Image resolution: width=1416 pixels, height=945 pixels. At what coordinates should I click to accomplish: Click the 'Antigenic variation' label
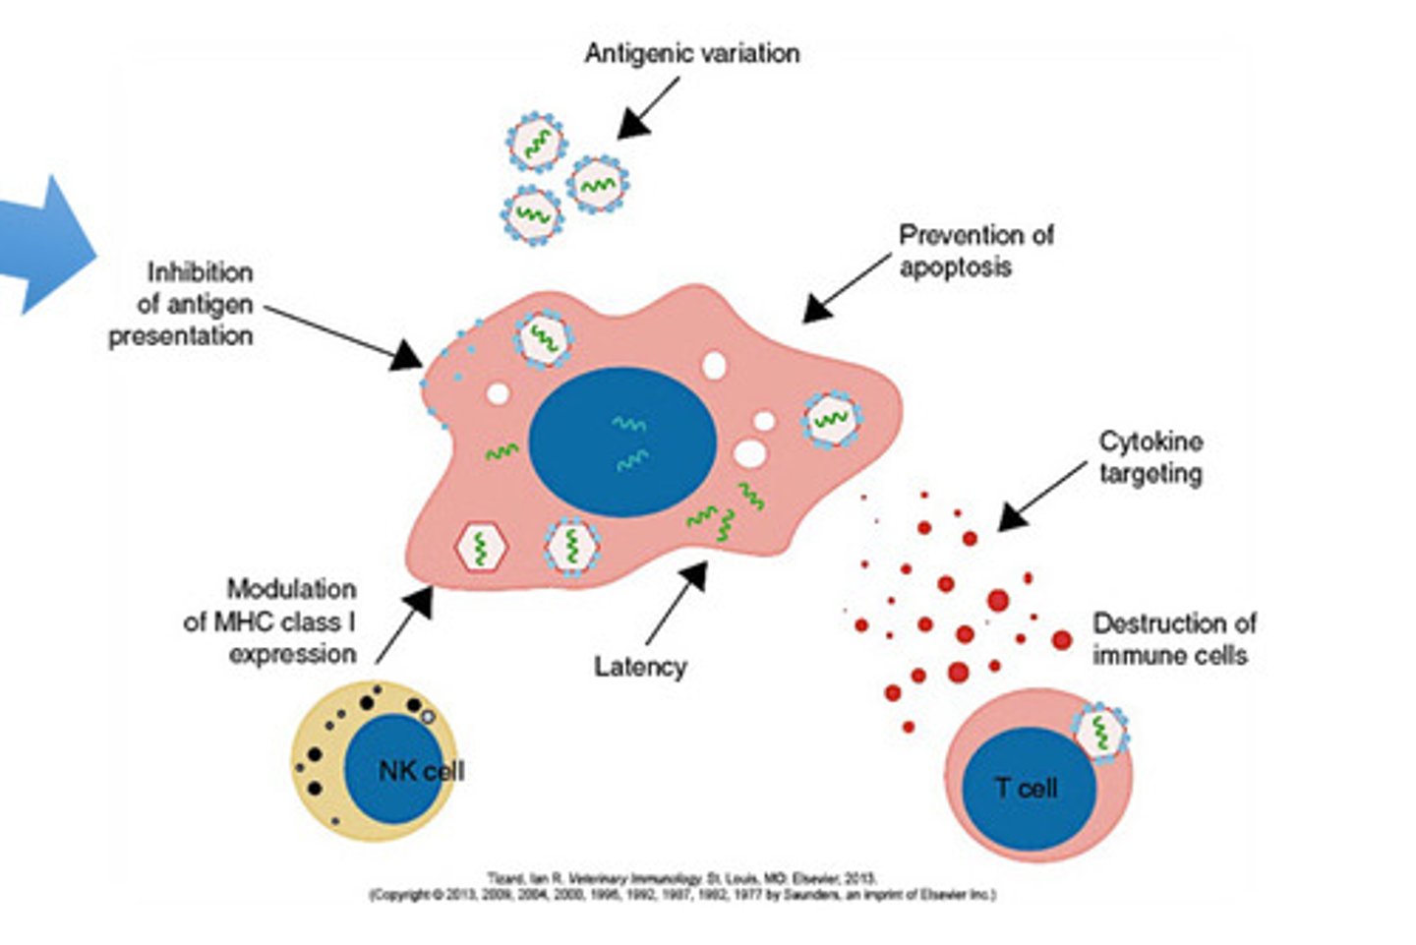coord(691,53)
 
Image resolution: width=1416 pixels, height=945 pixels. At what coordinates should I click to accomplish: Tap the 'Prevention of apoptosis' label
coord(974,251)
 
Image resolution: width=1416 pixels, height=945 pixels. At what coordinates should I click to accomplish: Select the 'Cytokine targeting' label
coord(1150,457)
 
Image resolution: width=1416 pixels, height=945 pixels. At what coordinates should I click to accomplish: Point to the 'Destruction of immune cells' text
coord(1173,639)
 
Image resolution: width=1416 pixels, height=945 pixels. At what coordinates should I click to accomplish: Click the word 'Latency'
coord(640,667)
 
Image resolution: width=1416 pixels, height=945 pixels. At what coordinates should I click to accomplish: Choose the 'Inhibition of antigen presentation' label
coord(182,304)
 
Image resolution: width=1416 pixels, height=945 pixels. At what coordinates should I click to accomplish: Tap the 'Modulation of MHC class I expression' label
coord(270,621)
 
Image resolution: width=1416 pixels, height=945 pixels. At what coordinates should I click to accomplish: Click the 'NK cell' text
coord(421,771)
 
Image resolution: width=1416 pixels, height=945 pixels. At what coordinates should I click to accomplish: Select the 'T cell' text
coord(1026,788)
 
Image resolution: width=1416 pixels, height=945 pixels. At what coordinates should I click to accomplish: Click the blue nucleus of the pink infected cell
coord(622,442)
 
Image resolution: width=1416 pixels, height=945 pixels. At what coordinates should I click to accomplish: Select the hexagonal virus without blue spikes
coord(481,547)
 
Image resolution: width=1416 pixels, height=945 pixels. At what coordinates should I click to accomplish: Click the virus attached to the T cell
coord(1100,733)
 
